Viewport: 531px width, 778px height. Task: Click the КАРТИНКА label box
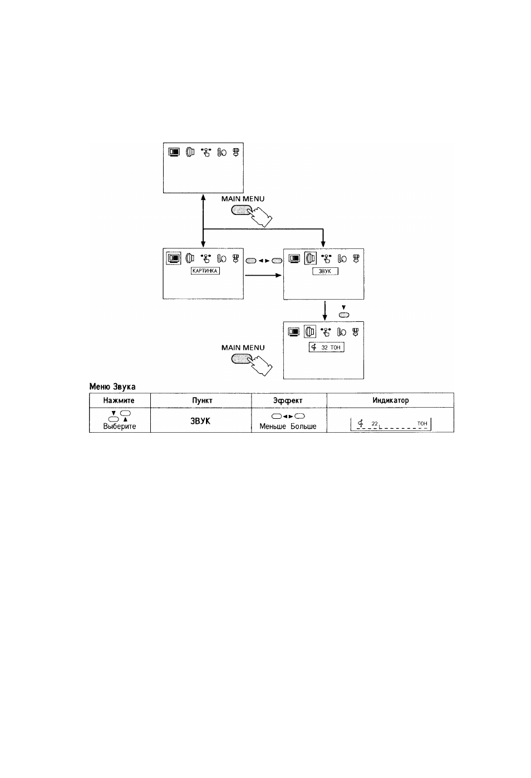(205, 271)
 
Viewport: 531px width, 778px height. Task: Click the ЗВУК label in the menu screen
(325, 271)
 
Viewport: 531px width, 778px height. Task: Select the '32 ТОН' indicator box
(326, 348)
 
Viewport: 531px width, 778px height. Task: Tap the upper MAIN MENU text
(243, 199)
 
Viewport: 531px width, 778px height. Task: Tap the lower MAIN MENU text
(243, 348)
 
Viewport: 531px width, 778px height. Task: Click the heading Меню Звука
(112, 386)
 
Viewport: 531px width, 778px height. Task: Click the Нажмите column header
(119, 400)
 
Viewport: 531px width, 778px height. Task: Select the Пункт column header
(203, 400)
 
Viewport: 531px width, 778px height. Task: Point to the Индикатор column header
(391, 400)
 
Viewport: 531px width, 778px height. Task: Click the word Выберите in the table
(119, 426)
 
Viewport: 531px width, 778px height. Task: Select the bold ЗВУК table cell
(200, 421)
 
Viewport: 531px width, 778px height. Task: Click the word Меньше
(273, 427)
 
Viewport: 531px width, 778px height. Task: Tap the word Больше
(303, 427)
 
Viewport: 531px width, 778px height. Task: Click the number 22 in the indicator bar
(375, 423)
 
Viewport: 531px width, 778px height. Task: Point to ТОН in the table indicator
(422, 423)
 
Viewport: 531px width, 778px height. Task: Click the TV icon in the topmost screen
(174, 152)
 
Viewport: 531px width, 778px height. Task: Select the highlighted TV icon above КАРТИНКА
(174, 258)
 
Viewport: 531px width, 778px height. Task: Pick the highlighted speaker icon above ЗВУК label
(310, 258)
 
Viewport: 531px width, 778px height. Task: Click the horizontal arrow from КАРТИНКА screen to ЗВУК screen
(263, 276)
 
